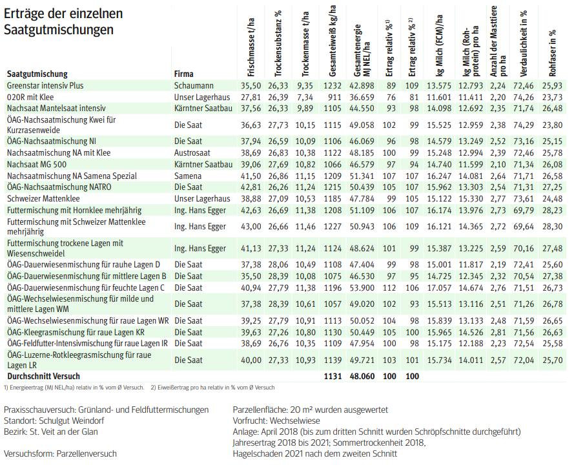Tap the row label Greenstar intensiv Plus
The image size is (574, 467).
[x=45, y=85]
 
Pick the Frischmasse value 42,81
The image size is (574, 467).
[x=250, y=187]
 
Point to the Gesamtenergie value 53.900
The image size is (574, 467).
[x=362, y=287]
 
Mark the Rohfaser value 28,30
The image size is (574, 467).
[x=552, y=227]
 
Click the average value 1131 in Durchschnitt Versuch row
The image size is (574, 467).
[x=331, y=376]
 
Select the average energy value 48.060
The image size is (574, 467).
[x=362, y=376]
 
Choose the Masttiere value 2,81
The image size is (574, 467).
[x=497, y=332]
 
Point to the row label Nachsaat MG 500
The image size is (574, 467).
[x=37, y=165]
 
